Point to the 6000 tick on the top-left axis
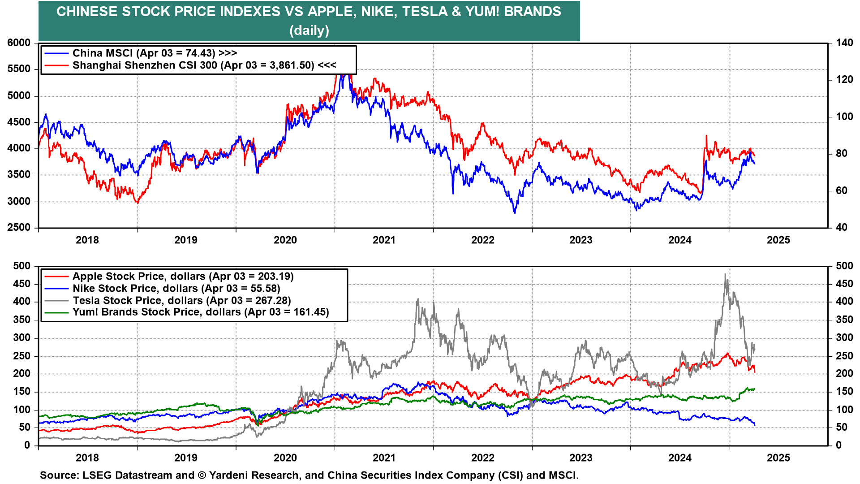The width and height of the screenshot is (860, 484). [x=19, y=43]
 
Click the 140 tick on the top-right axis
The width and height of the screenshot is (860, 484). [x=844, y=43]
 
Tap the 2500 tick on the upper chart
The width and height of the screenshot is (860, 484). [x=19, y=228]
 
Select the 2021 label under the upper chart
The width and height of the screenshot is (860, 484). [x=384, y=240]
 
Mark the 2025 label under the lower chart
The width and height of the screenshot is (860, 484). [x=778, y=458]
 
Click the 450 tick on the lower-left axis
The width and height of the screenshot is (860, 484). [x=22, y=284]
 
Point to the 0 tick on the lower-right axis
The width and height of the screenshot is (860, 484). [x=839, y=445]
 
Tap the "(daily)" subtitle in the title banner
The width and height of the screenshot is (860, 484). [x=309, y=30]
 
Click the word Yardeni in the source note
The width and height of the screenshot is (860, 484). [x=228, y=475]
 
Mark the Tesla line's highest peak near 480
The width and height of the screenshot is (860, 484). [x=725, y=274]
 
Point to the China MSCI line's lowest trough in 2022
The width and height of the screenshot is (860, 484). [x=515, y=212]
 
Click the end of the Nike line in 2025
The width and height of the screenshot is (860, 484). [x=755, y=425]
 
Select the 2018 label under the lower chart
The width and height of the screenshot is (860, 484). [x=87, y=458]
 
